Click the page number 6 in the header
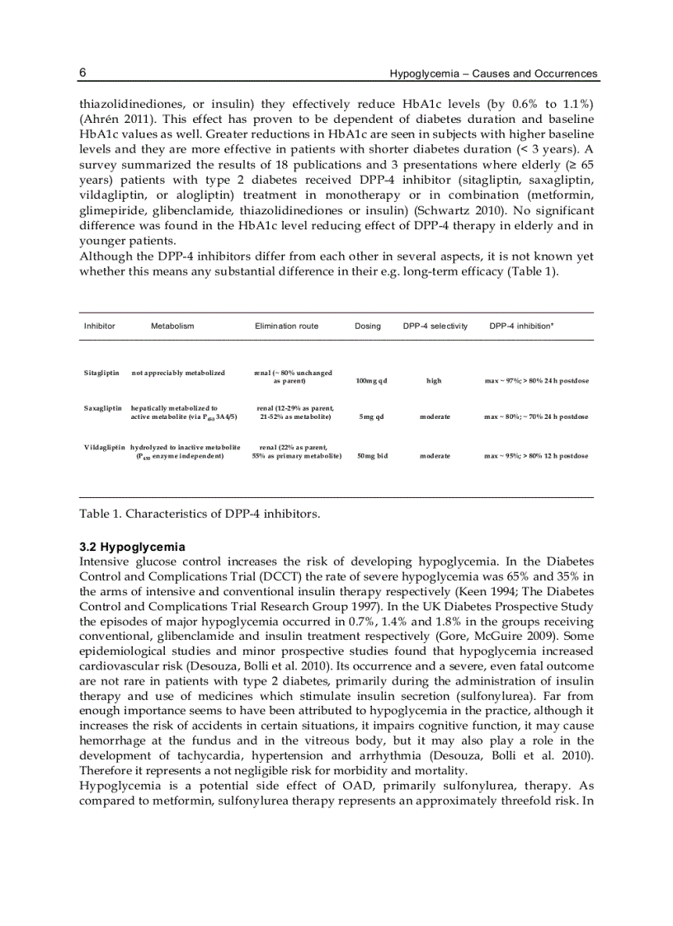click(x=82, y=73)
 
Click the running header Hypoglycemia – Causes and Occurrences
click(x=493, y=73)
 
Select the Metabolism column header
click(x=172, y=326)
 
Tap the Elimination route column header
click(x=286, y=326)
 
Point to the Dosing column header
click(x=368, y=326)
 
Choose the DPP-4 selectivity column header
click(x=435, y=326)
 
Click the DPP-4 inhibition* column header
click(x=521, y=326)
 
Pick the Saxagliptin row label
click(x=102, y=407)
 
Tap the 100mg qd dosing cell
click(x=371, y=381)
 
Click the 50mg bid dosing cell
click(x=371, y=455)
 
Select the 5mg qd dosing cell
click(x=371, y=416)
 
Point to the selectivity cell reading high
click(x=434, y=381)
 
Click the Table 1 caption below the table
click(x=199, y=514)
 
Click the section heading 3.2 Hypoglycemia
click(x=132, y=547)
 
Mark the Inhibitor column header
click(x=99, y=326)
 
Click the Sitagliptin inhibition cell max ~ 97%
click(x=536, y=381)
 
